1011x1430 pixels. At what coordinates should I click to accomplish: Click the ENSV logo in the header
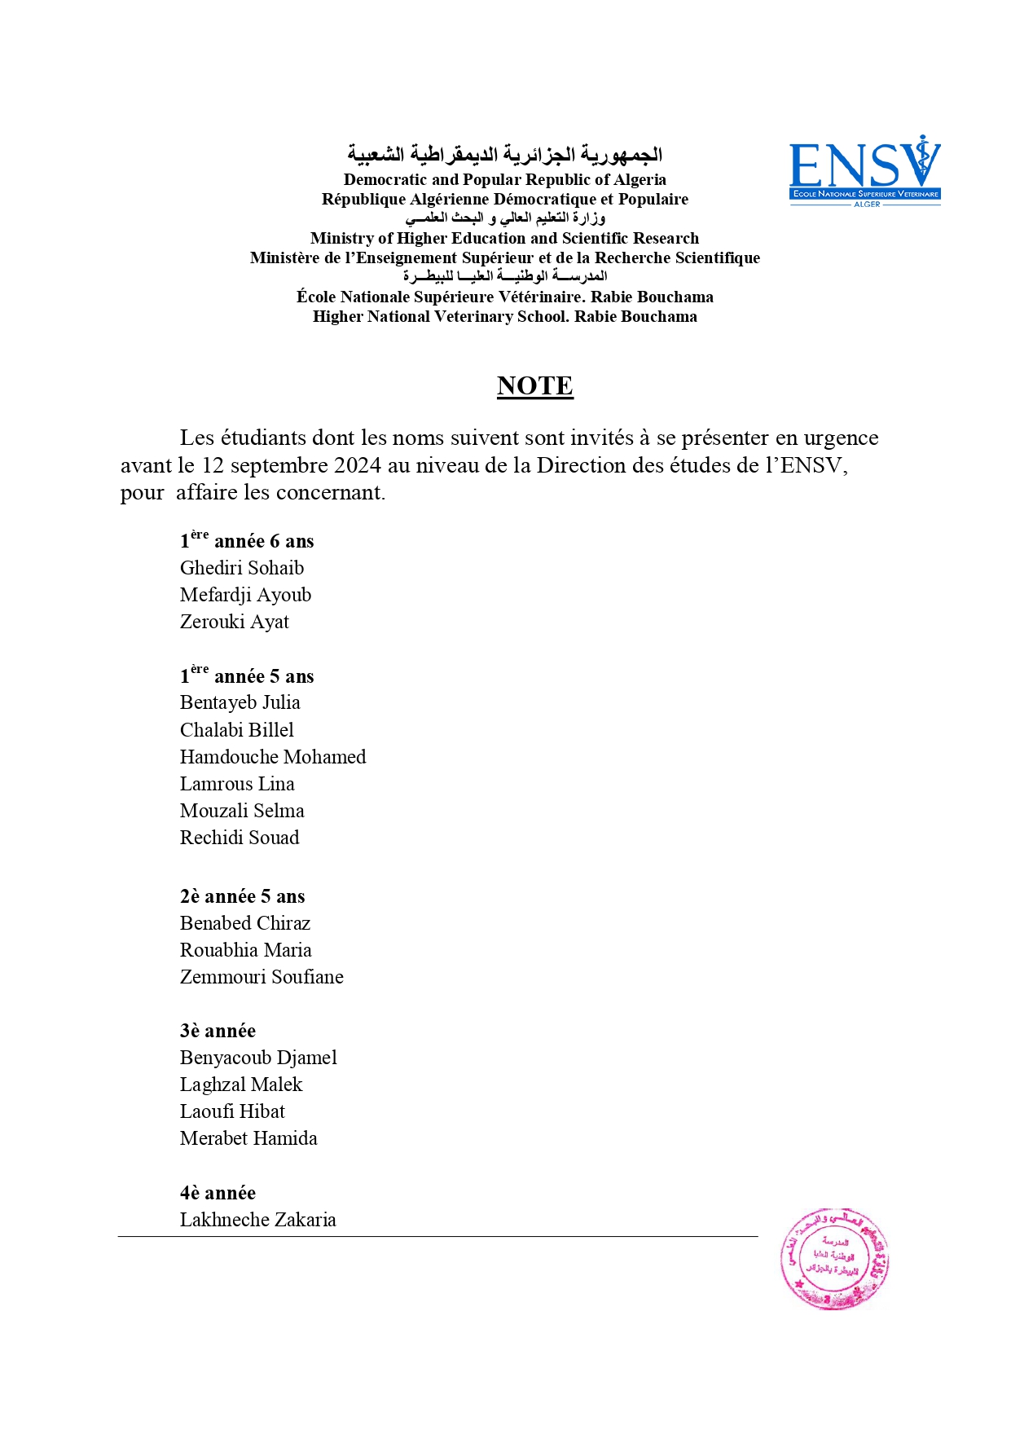point(864,172)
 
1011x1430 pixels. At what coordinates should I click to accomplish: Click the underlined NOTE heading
point(534,385)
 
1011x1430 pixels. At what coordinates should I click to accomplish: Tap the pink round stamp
point(834,1259)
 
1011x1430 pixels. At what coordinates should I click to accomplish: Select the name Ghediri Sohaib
point(241,568)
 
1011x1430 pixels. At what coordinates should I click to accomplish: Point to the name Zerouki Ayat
point(234,622)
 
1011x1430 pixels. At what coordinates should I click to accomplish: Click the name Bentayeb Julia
point(240,702)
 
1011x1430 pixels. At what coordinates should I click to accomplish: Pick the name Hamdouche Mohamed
point(272,757)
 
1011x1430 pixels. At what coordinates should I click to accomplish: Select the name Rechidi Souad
point(239,838)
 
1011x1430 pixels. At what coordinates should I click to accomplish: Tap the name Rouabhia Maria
point(245,950)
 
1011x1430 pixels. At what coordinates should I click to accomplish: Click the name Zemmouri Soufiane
point(261,977)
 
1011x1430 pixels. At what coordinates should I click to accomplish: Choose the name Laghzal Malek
point(240,1085)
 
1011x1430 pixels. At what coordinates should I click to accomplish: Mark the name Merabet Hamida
point(248,1138)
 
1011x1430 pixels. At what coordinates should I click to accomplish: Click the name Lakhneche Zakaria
point(257,1220)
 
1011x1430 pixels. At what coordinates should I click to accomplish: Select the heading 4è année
point(218,1193)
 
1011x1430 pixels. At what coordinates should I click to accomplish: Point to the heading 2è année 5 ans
point(242,896)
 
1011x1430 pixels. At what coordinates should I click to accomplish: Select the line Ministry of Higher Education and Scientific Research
point(504,238)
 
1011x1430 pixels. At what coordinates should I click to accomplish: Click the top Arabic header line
point(504,154)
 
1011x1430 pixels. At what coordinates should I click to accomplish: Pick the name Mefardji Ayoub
point(245,595)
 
